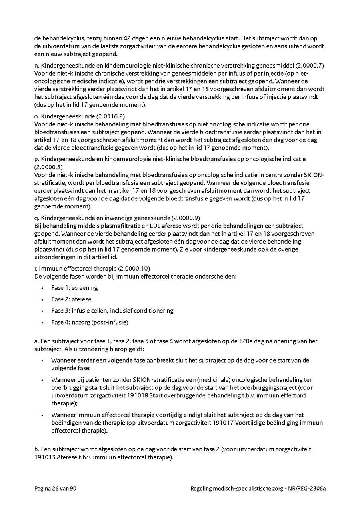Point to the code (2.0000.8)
click(x=48, y=166)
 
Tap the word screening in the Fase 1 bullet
click(x=85, y=288)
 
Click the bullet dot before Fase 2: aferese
click(x=42, y=299)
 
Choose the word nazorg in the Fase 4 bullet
click(x=80, y=322)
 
